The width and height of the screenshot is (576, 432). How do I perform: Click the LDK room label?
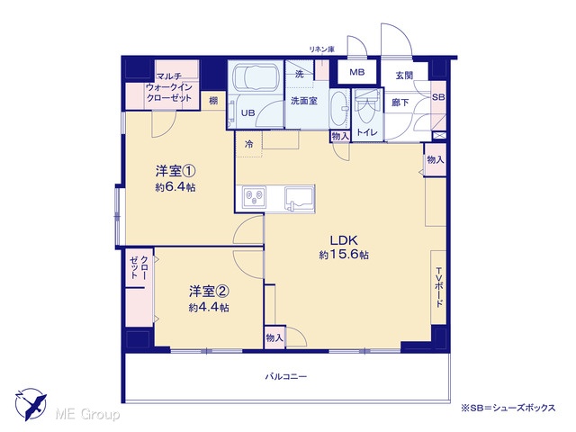344,240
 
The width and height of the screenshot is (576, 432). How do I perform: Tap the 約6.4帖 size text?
175,187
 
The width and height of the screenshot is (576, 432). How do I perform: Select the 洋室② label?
209,292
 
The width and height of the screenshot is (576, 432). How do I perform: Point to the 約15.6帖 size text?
344,255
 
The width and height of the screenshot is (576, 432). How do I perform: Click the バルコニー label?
286,376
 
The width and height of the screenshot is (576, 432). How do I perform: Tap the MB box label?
356,72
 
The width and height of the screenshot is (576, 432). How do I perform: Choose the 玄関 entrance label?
404,76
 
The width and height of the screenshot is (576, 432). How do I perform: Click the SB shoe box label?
438,97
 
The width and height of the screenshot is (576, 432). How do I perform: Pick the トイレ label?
367,132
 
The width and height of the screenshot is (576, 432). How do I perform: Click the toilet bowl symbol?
366,108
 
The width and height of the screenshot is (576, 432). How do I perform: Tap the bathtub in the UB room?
255,78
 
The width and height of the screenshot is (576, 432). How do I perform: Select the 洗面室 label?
304,100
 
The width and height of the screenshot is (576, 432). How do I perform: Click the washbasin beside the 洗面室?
339,108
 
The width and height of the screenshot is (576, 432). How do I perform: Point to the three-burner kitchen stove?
255,197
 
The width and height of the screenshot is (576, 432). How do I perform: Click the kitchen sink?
300,199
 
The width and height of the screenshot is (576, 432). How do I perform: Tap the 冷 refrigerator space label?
249,144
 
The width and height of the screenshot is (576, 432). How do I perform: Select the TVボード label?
438,288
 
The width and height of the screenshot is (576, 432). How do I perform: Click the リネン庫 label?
321,49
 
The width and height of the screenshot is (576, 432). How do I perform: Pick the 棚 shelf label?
213,101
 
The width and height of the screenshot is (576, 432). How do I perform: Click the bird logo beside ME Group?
31,405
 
